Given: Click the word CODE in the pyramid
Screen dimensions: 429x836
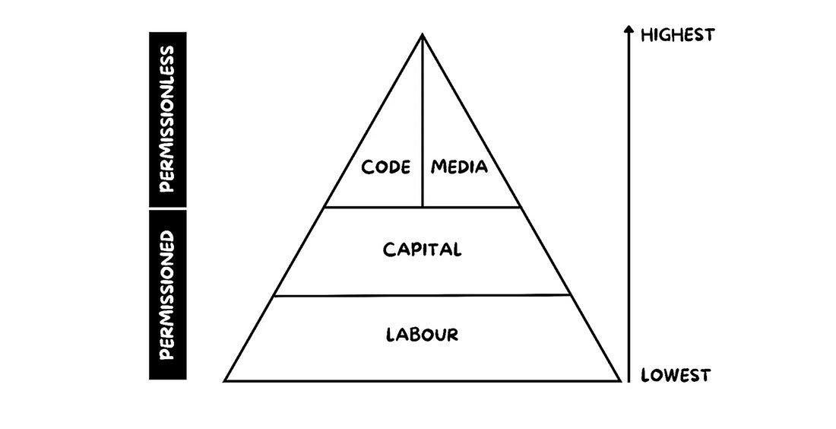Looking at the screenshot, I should click(x=386, y=167).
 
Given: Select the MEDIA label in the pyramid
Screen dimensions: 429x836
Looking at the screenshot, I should click(x=459, y=167).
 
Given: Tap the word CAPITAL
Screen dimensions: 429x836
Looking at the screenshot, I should click(x=422, y=249).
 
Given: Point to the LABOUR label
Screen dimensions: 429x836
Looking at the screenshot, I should click(x=422, y=334).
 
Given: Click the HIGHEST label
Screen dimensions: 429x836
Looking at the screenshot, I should click(x=678, y=34).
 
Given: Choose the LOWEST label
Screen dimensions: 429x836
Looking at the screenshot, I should click(x=676, y=375).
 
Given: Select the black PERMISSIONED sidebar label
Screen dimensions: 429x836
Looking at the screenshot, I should click(x=168, y=295).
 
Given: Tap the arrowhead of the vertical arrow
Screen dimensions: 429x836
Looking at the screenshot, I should click(x=629, y=30).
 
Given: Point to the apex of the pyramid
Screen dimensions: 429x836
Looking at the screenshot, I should click(x=422, y=34).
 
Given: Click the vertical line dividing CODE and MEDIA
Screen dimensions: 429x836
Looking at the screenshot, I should click(x=422, y=122).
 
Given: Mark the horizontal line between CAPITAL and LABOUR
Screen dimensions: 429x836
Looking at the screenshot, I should click(x=422, y=295).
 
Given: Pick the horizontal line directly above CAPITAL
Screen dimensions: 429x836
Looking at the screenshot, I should click(x=422, y=207).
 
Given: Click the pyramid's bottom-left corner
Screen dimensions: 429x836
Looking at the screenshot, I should click(x=225, y=380).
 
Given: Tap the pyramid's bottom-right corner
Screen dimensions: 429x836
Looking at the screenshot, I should click(x=620, y=380).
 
